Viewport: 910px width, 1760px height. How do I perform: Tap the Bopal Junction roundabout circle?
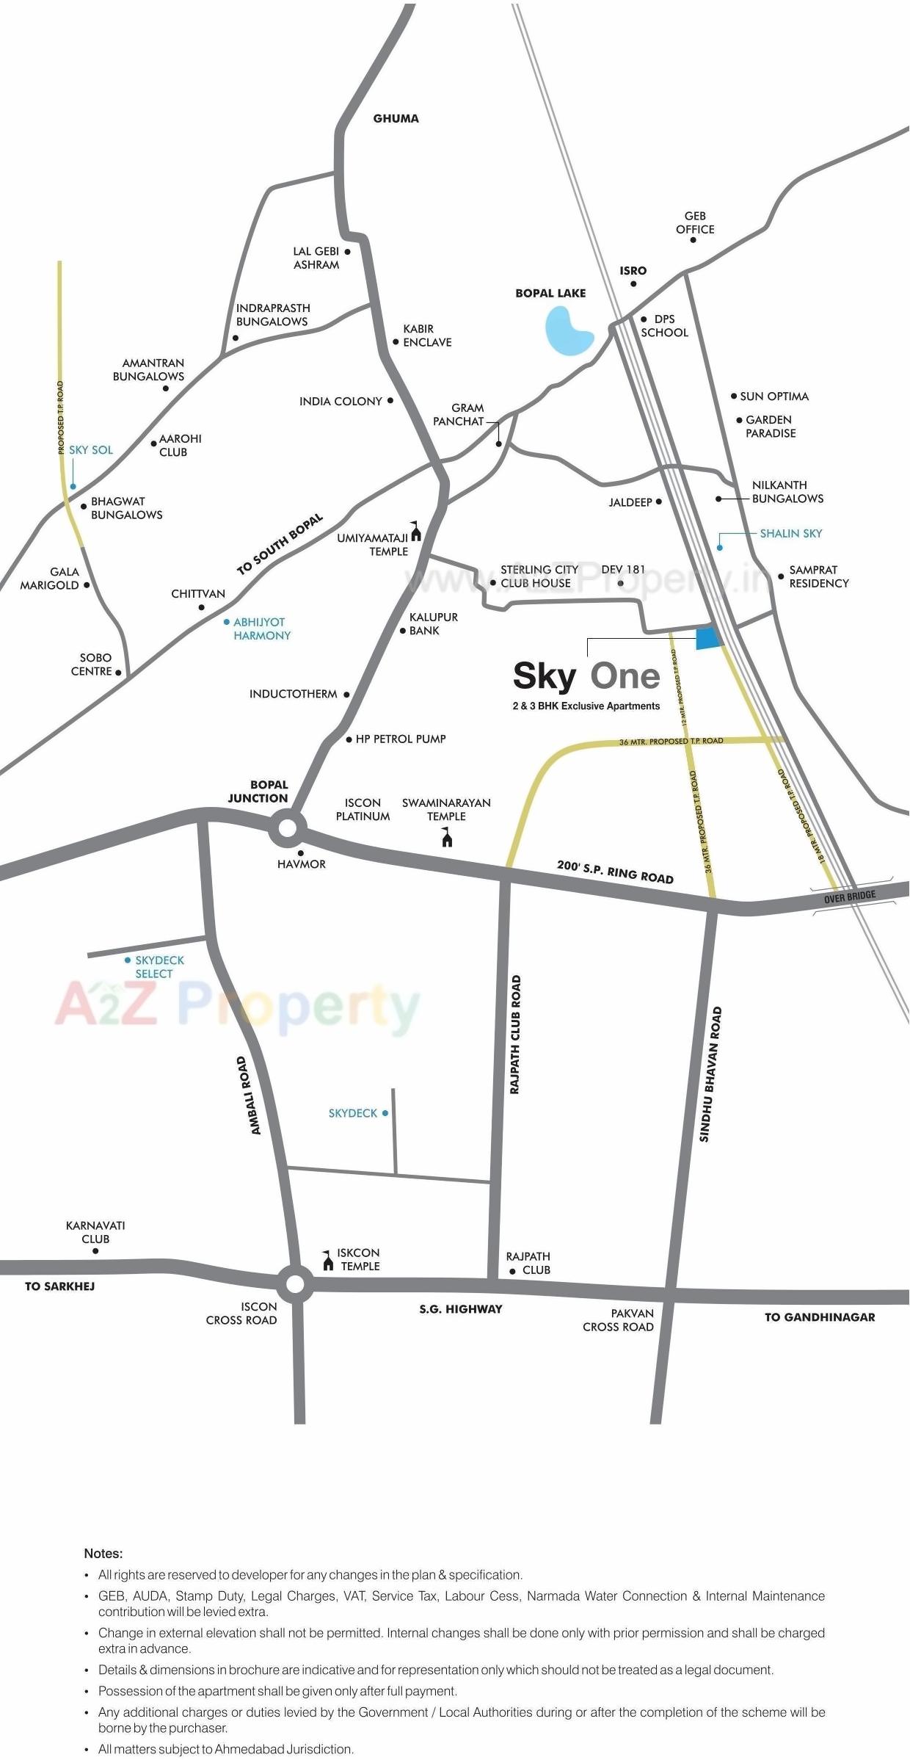click(x=287, y=828)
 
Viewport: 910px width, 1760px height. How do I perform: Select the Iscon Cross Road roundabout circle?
click(x=295, y=1283)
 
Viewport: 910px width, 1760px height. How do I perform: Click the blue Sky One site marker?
click(x=707, y=638)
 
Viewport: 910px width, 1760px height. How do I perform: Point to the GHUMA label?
click(x=396, y=118)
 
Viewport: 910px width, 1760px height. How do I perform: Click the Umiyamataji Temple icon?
click(x=416, y=531)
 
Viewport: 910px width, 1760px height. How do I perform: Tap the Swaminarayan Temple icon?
click(x=447, y=837)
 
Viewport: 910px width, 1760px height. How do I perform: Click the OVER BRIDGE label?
click(x=850, y=897)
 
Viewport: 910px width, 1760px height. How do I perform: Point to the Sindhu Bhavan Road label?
click(x=710, y=1073)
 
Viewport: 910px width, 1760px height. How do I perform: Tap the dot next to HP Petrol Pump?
click(x=349, y=739)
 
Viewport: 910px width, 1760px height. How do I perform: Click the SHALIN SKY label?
click(x=790, y=534)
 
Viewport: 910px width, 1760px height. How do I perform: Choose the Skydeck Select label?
click(x=159, y=966)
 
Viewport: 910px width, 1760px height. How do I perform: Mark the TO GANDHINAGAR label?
click(x=819, y=1317)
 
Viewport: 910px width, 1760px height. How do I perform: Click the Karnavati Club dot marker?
click(x=95, y=1250)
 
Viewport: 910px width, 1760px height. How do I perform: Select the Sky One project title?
click(x=586, y=676)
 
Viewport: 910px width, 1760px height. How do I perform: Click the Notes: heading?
click(x=103, y=1553)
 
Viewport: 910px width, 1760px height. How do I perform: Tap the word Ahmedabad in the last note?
click(x=254, y=1749)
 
